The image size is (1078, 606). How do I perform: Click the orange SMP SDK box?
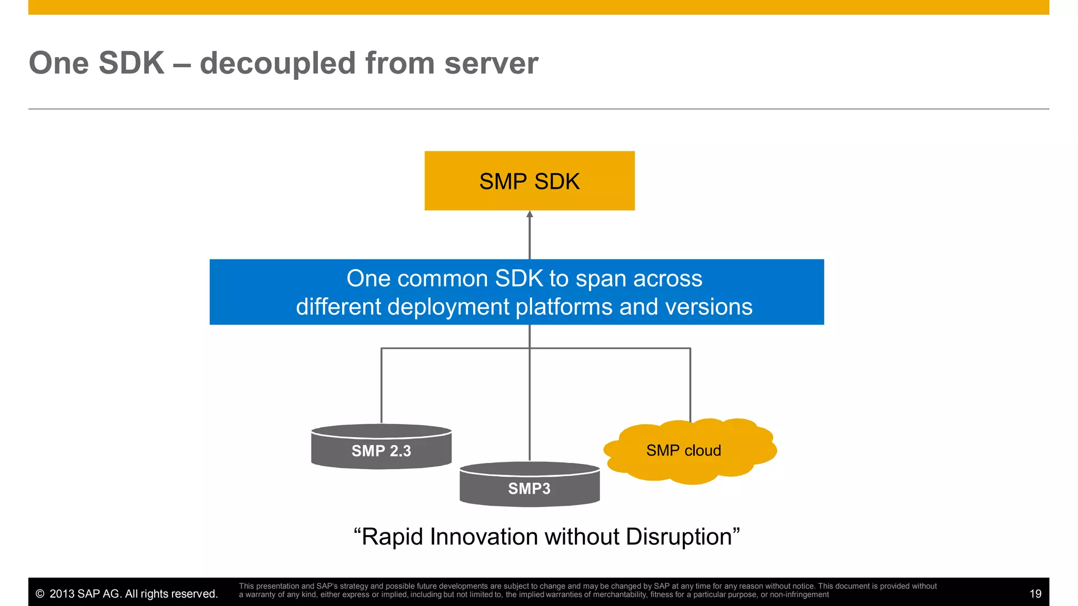(530, 181)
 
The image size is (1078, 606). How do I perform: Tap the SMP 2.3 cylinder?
(381, 450)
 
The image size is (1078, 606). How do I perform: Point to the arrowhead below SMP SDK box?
(530, 214)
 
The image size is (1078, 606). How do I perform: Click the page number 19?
(1035, 594)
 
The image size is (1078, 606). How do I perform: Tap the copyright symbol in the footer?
(40, 594)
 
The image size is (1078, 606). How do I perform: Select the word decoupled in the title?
(278, 63)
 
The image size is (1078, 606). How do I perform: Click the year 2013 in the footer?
(62, 594)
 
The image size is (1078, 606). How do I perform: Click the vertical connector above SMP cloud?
(690, 384)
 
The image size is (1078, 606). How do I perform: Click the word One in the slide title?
(59, 63)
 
